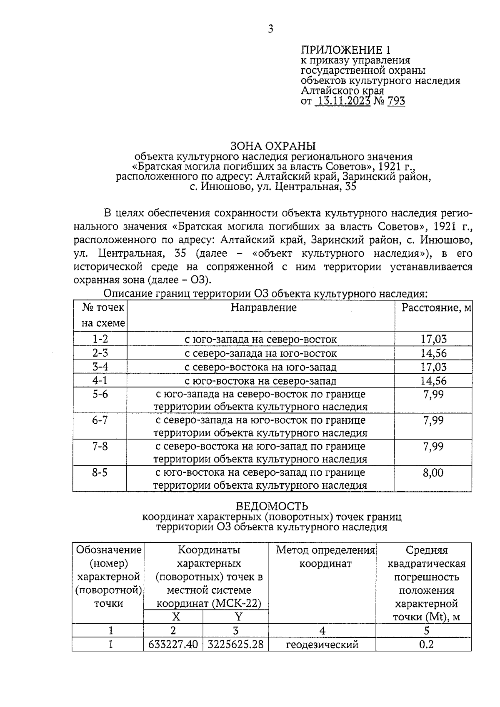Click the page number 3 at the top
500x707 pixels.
point(270,29)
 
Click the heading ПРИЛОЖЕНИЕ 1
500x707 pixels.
point(346,50)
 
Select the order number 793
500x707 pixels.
point(396,101)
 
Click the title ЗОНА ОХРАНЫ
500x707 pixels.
point(273,146)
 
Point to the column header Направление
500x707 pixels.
point(264,307)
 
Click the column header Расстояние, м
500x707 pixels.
point(436,307)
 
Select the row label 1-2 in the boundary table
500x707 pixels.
point(100,339)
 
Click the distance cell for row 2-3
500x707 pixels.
point(433,353)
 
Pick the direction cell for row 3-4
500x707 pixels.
point(260,367)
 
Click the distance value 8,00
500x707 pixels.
point(433,473)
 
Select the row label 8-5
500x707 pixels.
point(100,473)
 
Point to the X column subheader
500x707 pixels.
point(176,617)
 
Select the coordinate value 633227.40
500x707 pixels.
point(173,645)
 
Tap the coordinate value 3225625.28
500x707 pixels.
point(236,645)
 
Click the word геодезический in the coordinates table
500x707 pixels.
point(322,645)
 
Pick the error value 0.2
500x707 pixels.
point(426,645)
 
